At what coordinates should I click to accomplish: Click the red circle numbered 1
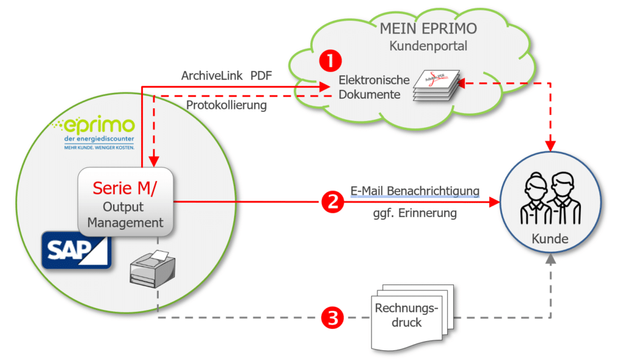tap(331, 60)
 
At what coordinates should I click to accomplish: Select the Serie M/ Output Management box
tap(125, 202)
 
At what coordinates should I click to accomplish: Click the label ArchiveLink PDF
tap(228, 76)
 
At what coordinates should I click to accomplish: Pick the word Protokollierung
tap(226, 105)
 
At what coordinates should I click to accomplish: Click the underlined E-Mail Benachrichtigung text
tap(415, 191)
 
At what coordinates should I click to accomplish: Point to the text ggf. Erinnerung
tap(415, 214)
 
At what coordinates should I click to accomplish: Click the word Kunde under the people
tap(549, 239)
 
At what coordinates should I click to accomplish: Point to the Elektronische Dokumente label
tap(369, 87)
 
